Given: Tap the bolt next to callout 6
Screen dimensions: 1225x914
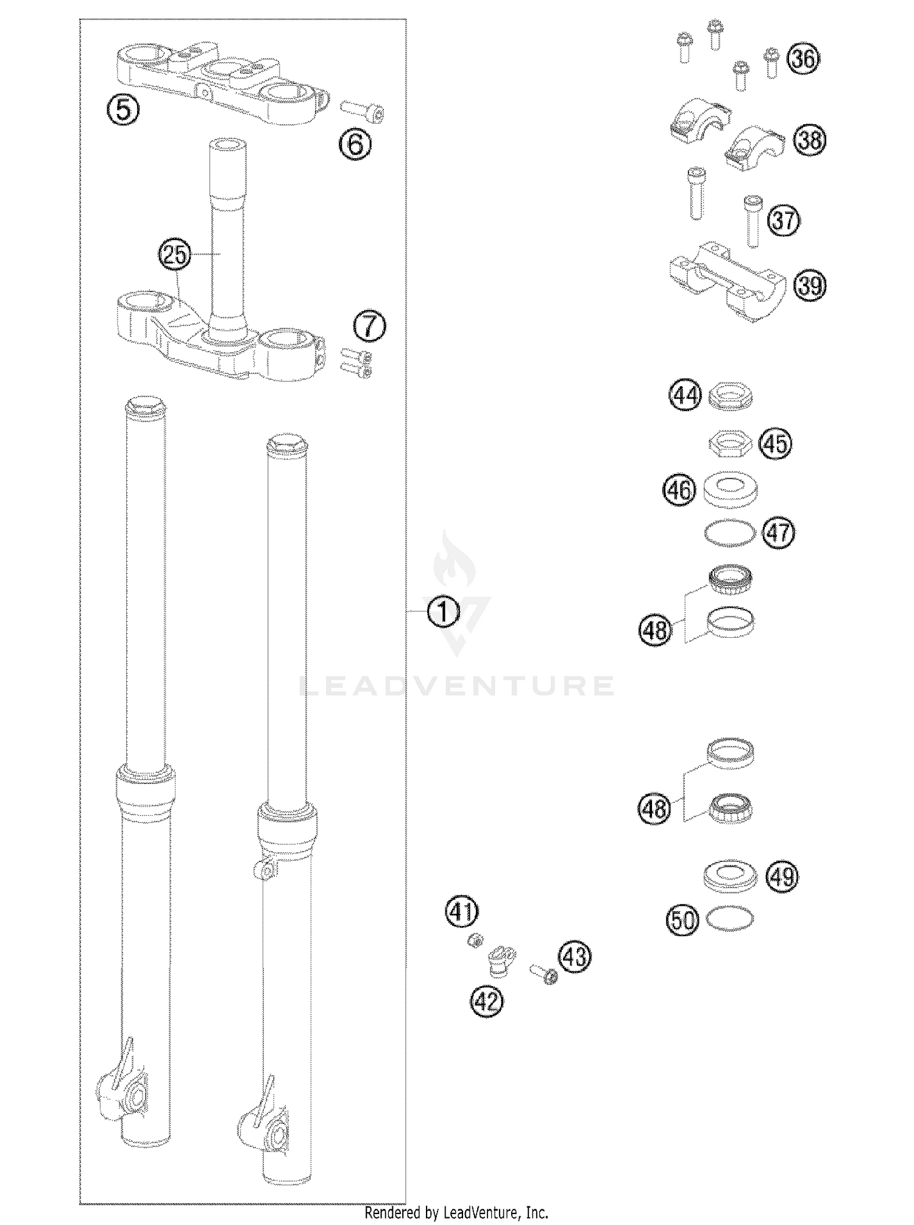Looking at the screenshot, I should tap(363, 111).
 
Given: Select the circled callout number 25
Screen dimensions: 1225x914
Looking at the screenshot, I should tap(175, 255).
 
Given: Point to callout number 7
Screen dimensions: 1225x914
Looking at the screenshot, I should tap(370, 326).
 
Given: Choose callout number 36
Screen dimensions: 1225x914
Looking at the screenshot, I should tap(803, 59).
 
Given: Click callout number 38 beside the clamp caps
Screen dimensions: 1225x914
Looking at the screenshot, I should tap(809, 141).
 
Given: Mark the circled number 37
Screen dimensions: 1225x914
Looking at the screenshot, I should tap(784, 220).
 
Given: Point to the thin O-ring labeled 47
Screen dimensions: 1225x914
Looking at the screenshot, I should tap(729, 532).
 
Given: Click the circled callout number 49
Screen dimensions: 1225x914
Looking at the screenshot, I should tap(782, 877).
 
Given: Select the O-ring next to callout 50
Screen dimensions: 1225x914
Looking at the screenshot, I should tap(729, 919).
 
